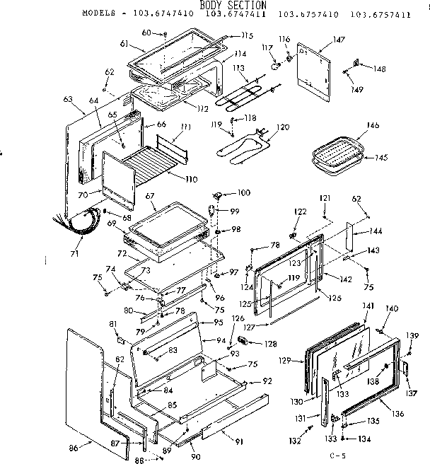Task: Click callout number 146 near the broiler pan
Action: pos(372,125)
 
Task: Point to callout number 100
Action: pos(243,192)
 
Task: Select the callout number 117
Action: pos(267,48)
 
